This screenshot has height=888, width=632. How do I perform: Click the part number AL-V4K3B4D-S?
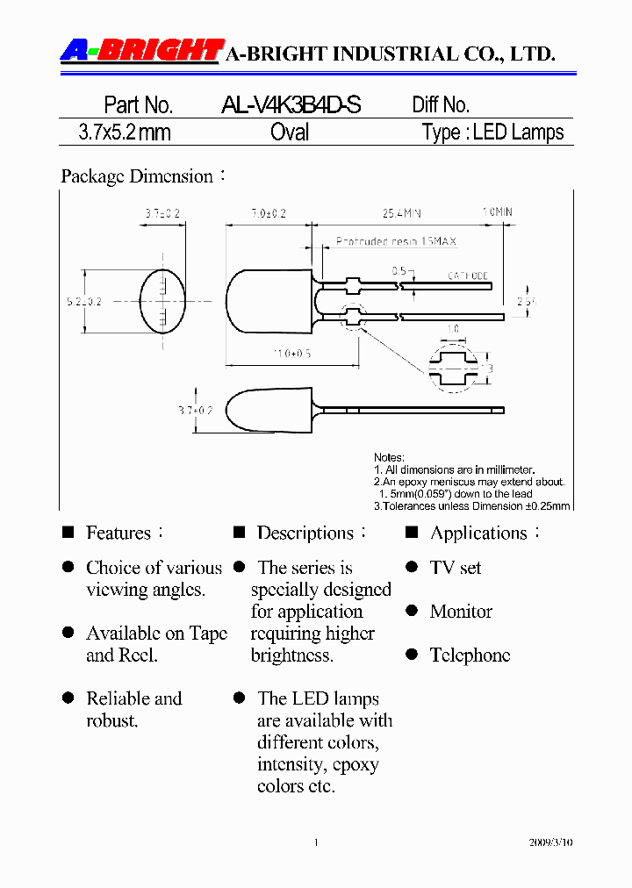(291, 105)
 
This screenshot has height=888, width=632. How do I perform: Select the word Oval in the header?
(290, 132)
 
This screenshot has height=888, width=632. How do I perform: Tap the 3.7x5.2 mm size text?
(125, 132)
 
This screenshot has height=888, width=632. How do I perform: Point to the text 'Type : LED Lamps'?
(492, 132)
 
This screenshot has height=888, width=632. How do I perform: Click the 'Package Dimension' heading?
(137, 176)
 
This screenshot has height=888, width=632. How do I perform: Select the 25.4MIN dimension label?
(402, 213)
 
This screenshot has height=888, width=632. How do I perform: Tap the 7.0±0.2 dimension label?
(269, 213)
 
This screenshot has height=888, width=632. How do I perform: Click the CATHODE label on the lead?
(468, 276)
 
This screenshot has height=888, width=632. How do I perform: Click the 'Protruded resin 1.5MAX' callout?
(396, 241)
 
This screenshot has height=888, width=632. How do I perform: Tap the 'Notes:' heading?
(389, 457)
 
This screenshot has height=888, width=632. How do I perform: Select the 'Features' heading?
(118, 533)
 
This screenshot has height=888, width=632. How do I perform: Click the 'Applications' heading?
(478, 533)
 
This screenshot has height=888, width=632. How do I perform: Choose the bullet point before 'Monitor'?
(412, 611)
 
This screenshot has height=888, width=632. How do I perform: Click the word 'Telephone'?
(470, 655)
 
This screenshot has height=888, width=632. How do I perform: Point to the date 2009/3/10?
(552, 842)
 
